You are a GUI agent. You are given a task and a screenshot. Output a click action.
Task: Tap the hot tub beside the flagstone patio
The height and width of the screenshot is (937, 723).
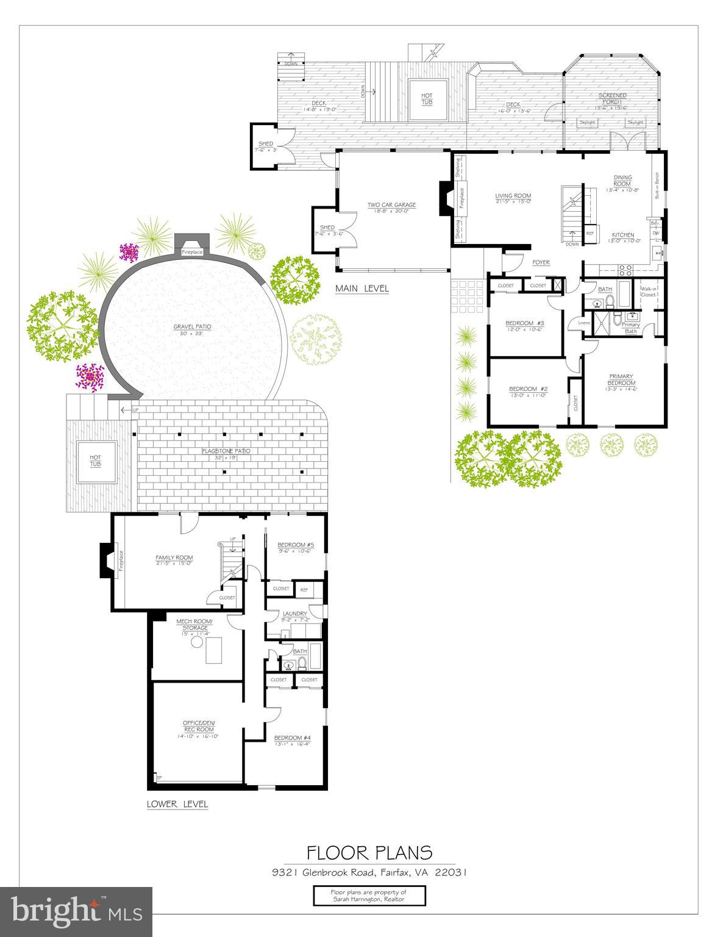click(96, 461)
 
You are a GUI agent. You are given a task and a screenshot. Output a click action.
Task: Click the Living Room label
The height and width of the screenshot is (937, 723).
click(513, 196)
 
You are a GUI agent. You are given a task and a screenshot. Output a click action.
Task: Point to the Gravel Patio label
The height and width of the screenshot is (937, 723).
click(191, 327)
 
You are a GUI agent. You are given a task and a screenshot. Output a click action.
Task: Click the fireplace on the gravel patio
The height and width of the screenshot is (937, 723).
click(191, 246)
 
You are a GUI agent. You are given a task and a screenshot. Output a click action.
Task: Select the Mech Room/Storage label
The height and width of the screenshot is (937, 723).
click(192, 625)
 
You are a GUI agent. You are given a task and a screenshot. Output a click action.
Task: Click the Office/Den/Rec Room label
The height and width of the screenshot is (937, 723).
click(199, 726)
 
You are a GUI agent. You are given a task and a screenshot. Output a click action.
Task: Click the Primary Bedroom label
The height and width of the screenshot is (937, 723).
click(621, 379)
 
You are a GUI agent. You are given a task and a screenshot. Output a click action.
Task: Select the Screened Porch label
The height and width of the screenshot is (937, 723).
click(612, 98)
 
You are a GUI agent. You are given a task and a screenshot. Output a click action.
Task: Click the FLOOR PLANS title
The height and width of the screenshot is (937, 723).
click(369, 852)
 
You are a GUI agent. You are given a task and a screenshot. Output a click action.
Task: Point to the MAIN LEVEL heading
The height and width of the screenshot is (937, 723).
click(361, 289)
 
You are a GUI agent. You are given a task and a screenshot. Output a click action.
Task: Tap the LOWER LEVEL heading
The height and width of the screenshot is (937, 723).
click(177, 804)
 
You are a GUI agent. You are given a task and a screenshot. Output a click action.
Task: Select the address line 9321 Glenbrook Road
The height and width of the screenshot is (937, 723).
click(369, 872)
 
